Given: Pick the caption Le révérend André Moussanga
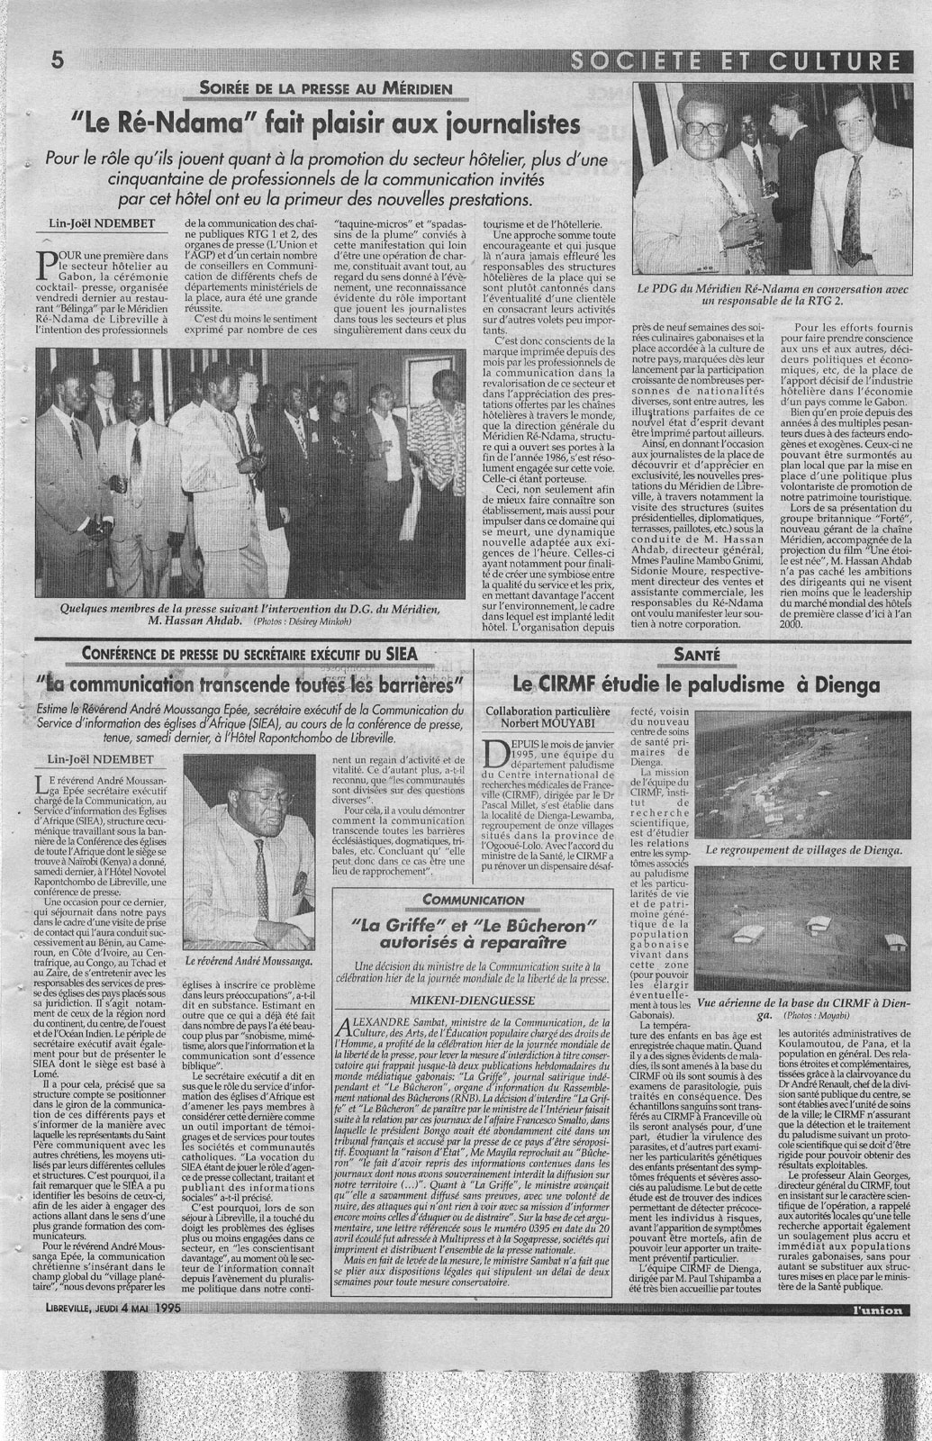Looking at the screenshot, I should coord(249,962).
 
